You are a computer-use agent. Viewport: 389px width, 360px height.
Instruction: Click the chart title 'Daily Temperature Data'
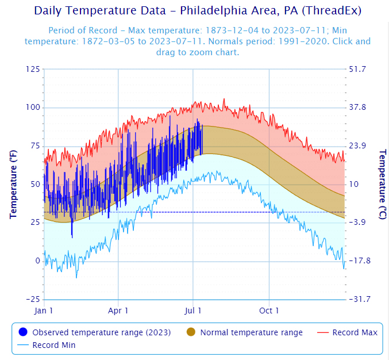click(100, 11)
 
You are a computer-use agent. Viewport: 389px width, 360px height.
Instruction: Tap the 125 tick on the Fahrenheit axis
click(33, 69)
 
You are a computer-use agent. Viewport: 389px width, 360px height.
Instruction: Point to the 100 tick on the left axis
click(33, 108)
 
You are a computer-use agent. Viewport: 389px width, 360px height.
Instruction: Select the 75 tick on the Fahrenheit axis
click(35, 145)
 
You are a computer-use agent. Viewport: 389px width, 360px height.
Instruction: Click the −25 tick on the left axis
click(33, 299)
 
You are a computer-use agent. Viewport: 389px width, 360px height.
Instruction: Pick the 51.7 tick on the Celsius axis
click(357, 69)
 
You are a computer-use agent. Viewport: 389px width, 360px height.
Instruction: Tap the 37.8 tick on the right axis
click(357, 108)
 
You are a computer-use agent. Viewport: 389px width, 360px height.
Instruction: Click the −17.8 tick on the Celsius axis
click(360, 261)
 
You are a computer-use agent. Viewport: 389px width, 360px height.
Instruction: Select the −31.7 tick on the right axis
click(360, 299)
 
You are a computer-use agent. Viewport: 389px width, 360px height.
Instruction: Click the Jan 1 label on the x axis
click(44, 311)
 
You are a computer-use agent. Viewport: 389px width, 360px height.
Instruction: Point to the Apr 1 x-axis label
click(118, 311)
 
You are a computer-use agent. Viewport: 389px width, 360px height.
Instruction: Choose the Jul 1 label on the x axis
click(192, 311)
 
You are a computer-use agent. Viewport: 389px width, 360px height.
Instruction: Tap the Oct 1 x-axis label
click(269, 311)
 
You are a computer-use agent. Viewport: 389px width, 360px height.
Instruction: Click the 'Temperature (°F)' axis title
click(13, 184)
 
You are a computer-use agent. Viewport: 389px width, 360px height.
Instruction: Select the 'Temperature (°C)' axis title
click(383, 184)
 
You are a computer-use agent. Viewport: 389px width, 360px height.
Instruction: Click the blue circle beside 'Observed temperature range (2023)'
click(23, 332)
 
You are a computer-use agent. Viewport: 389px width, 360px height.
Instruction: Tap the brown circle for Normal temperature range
click(191, 332)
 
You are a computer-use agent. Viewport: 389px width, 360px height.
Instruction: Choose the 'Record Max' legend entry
click(347, 332)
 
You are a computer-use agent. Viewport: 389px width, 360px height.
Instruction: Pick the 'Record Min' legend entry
click(47, 345)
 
